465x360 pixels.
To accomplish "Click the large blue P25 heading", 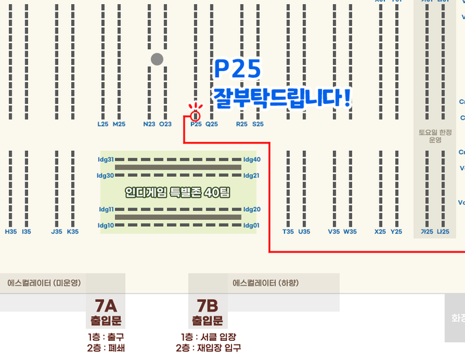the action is click(x=237, y=69).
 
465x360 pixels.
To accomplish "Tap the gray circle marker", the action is click(x=157, y=59).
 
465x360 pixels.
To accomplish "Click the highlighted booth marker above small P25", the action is click(x=196, y=115).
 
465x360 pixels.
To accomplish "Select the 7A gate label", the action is click(x=106, y=305).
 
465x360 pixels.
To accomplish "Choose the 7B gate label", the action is click(x=207, y=305).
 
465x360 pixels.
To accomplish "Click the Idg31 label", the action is click(x=106, y=159).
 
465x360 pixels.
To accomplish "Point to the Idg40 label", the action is click(x=252, y=159).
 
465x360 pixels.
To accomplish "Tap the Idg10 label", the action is click(x=106, y=225).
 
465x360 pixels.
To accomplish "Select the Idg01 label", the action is click(x=252, y=225).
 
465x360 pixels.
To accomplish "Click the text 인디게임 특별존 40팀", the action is click(x=178, y=193).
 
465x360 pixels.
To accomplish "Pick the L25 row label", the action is click(x=103, y=124).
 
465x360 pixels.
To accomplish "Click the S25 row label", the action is click(x=258, y=124).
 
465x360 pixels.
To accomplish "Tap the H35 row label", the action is click(x=11, y=232).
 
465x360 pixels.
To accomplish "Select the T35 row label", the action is click(x=288, y=232).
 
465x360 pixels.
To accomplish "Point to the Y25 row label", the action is click(x=397, y=232).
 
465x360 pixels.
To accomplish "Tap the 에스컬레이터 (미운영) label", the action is click(x=44, y=282).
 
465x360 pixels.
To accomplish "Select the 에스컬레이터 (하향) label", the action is click(x=265, y=282).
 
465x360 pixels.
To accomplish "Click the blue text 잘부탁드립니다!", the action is click(x=282, y=97).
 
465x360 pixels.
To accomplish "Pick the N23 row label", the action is click(x=149, y=124).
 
